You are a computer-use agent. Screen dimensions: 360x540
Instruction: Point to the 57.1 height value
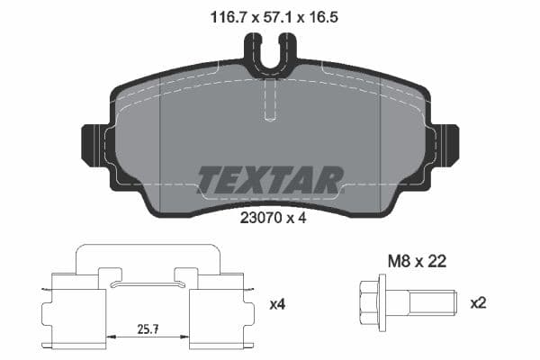(x=270, y=16)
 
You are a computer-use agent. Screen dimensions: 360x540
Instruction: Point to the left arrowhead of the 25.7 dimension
(x=111, y=335)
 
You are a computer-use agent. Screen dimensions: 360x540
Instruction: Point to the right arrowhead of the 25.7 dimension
(x=186, y=335)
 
